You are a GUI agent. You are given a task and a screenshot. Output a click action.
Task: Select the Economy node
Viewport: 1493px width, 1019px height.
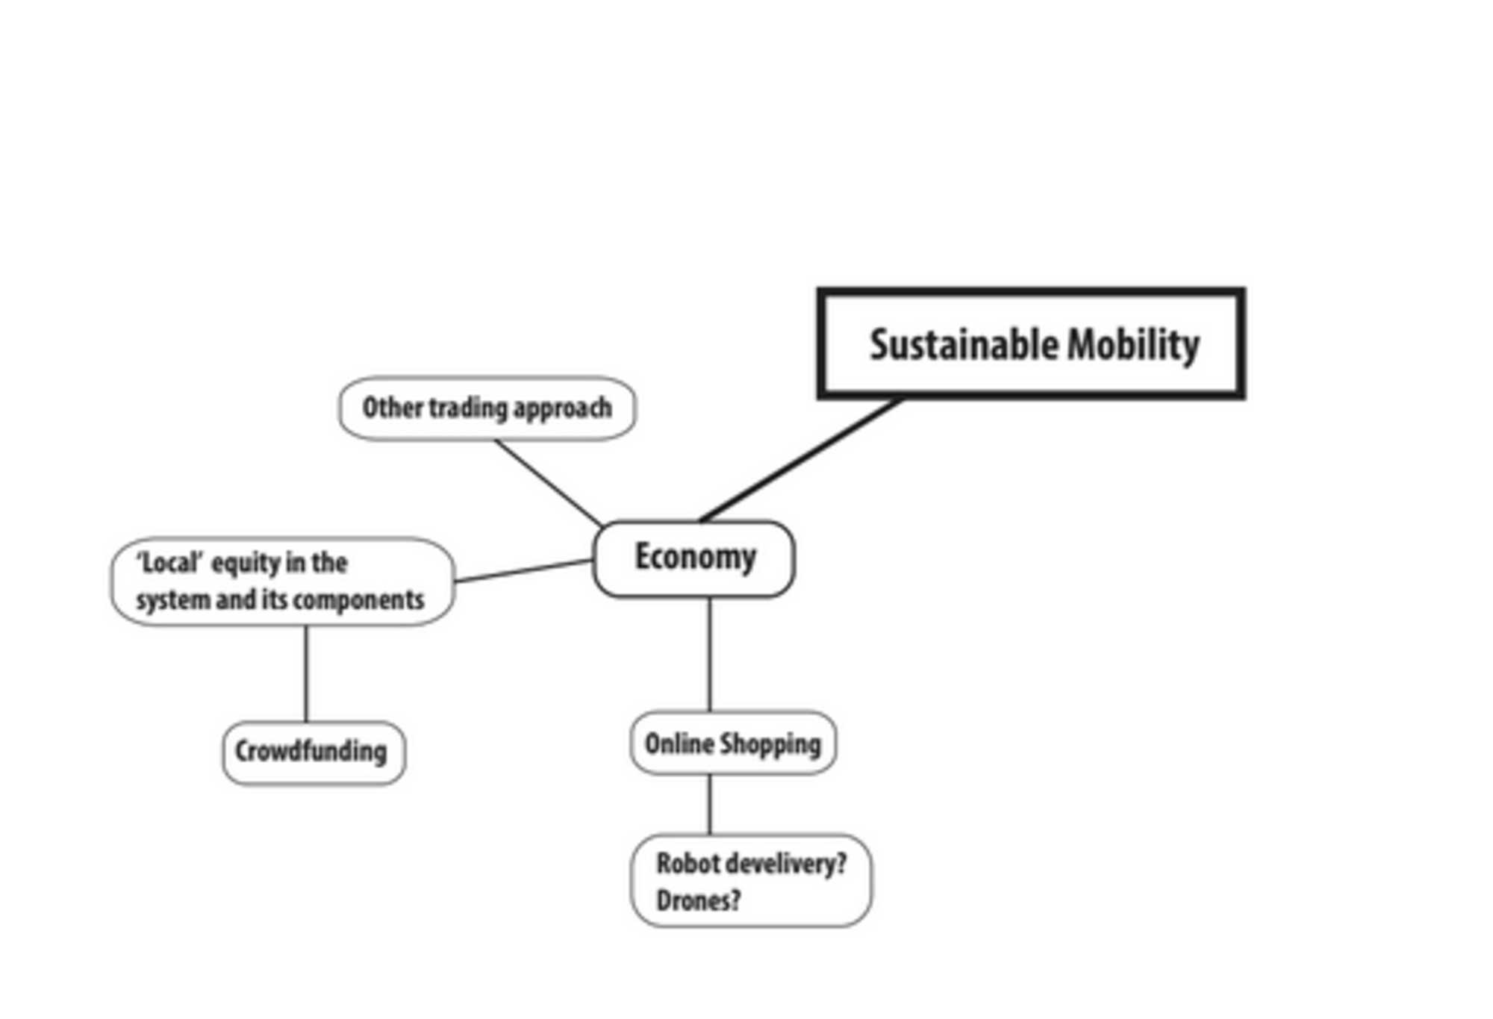(x=693, y=558)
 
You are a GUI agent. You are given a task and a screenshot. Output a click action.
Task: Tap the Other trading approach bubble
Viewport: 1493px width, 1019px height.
(x=487, y=408)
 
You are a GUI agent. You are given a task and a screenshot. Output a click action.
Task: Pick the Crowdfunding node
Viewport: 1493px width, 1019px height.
(x=314, y=752)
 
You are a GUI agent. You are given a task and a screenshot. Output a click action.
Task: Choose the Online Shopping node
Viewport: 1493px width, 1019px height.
(x=732, y=744)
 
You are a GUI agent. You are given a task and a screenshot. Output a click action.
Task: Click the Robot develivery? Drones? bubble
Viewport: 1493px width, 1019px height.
(x=751, y=882)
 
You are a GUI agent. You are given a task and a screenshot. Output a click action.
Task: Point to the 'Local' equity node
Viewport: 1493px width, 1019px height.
(x=282, y=581)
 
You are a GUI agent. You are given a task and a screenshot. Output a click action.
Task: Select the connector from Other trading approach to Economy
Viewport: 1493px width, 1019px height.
(x=549, y=483)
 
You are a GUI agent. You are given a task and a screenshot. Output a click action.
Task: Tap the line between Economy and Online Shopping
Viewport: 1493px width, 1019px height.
(x=709, y=654)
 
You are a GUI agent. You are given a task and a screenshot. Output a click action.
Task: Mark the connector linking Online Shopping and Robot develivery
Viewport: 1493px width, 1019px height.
(x=709, y=804)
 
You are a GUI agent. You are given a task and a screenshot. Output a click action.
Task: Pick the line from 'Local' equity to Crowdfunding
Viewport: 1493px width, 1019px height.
(x=306, y=673)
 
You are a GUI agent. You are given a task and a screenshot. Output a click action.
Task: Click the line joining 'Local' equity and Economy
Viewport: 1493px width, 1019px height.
(x=523, y=571)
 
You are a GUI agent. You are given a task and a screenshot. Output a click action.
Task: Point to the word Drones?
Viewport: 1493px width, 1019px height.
(x=698, y=901)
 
